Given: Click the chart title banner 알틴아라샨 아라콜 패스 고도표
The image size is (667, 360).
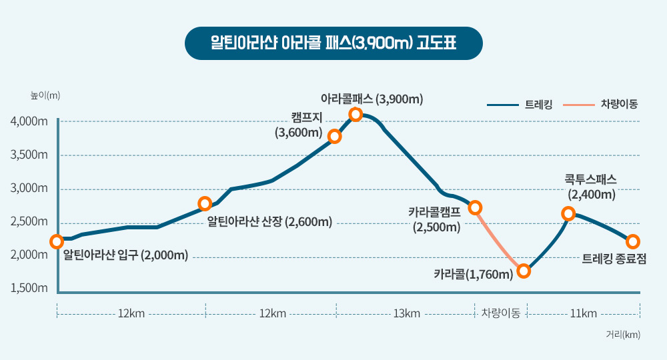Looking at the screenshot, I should coord(333,43).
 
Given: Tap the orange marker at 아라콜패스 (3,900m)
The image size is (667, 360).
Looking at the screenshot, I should coord(356,115).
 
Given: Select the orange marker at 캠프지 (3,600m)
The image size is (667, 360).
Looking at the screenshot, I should coord(335,137).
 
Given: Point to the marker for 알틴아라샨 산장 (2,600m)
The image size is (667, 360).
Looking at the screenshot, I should coord(205,203).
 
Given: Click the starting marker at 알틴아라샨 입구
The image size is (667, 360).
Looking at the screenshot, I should coord(57,241).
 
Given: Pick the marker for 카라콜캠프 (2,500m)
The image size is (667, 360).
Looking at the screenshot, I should coord(475,207).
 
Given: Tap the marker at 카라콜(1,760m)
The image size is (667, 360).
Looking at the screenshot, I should coord(524,271).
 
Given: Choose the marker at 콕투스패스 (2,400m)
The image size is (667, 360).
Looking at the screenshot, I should coord(568,213).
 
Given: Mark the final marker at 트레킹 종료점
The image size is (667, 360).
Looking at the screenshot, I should coord(633,241).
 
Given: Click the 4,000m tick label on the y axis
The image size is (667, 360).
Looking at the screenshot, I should coord(29,121).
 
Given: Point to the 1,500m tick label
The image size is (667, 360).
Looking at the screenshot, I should coord(29,288).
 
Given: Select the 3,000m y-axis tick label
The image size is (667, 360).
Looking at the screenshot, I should coord(29,188).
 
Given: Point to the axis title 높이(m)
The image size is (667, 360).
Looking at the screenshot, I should coord(45,95).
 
